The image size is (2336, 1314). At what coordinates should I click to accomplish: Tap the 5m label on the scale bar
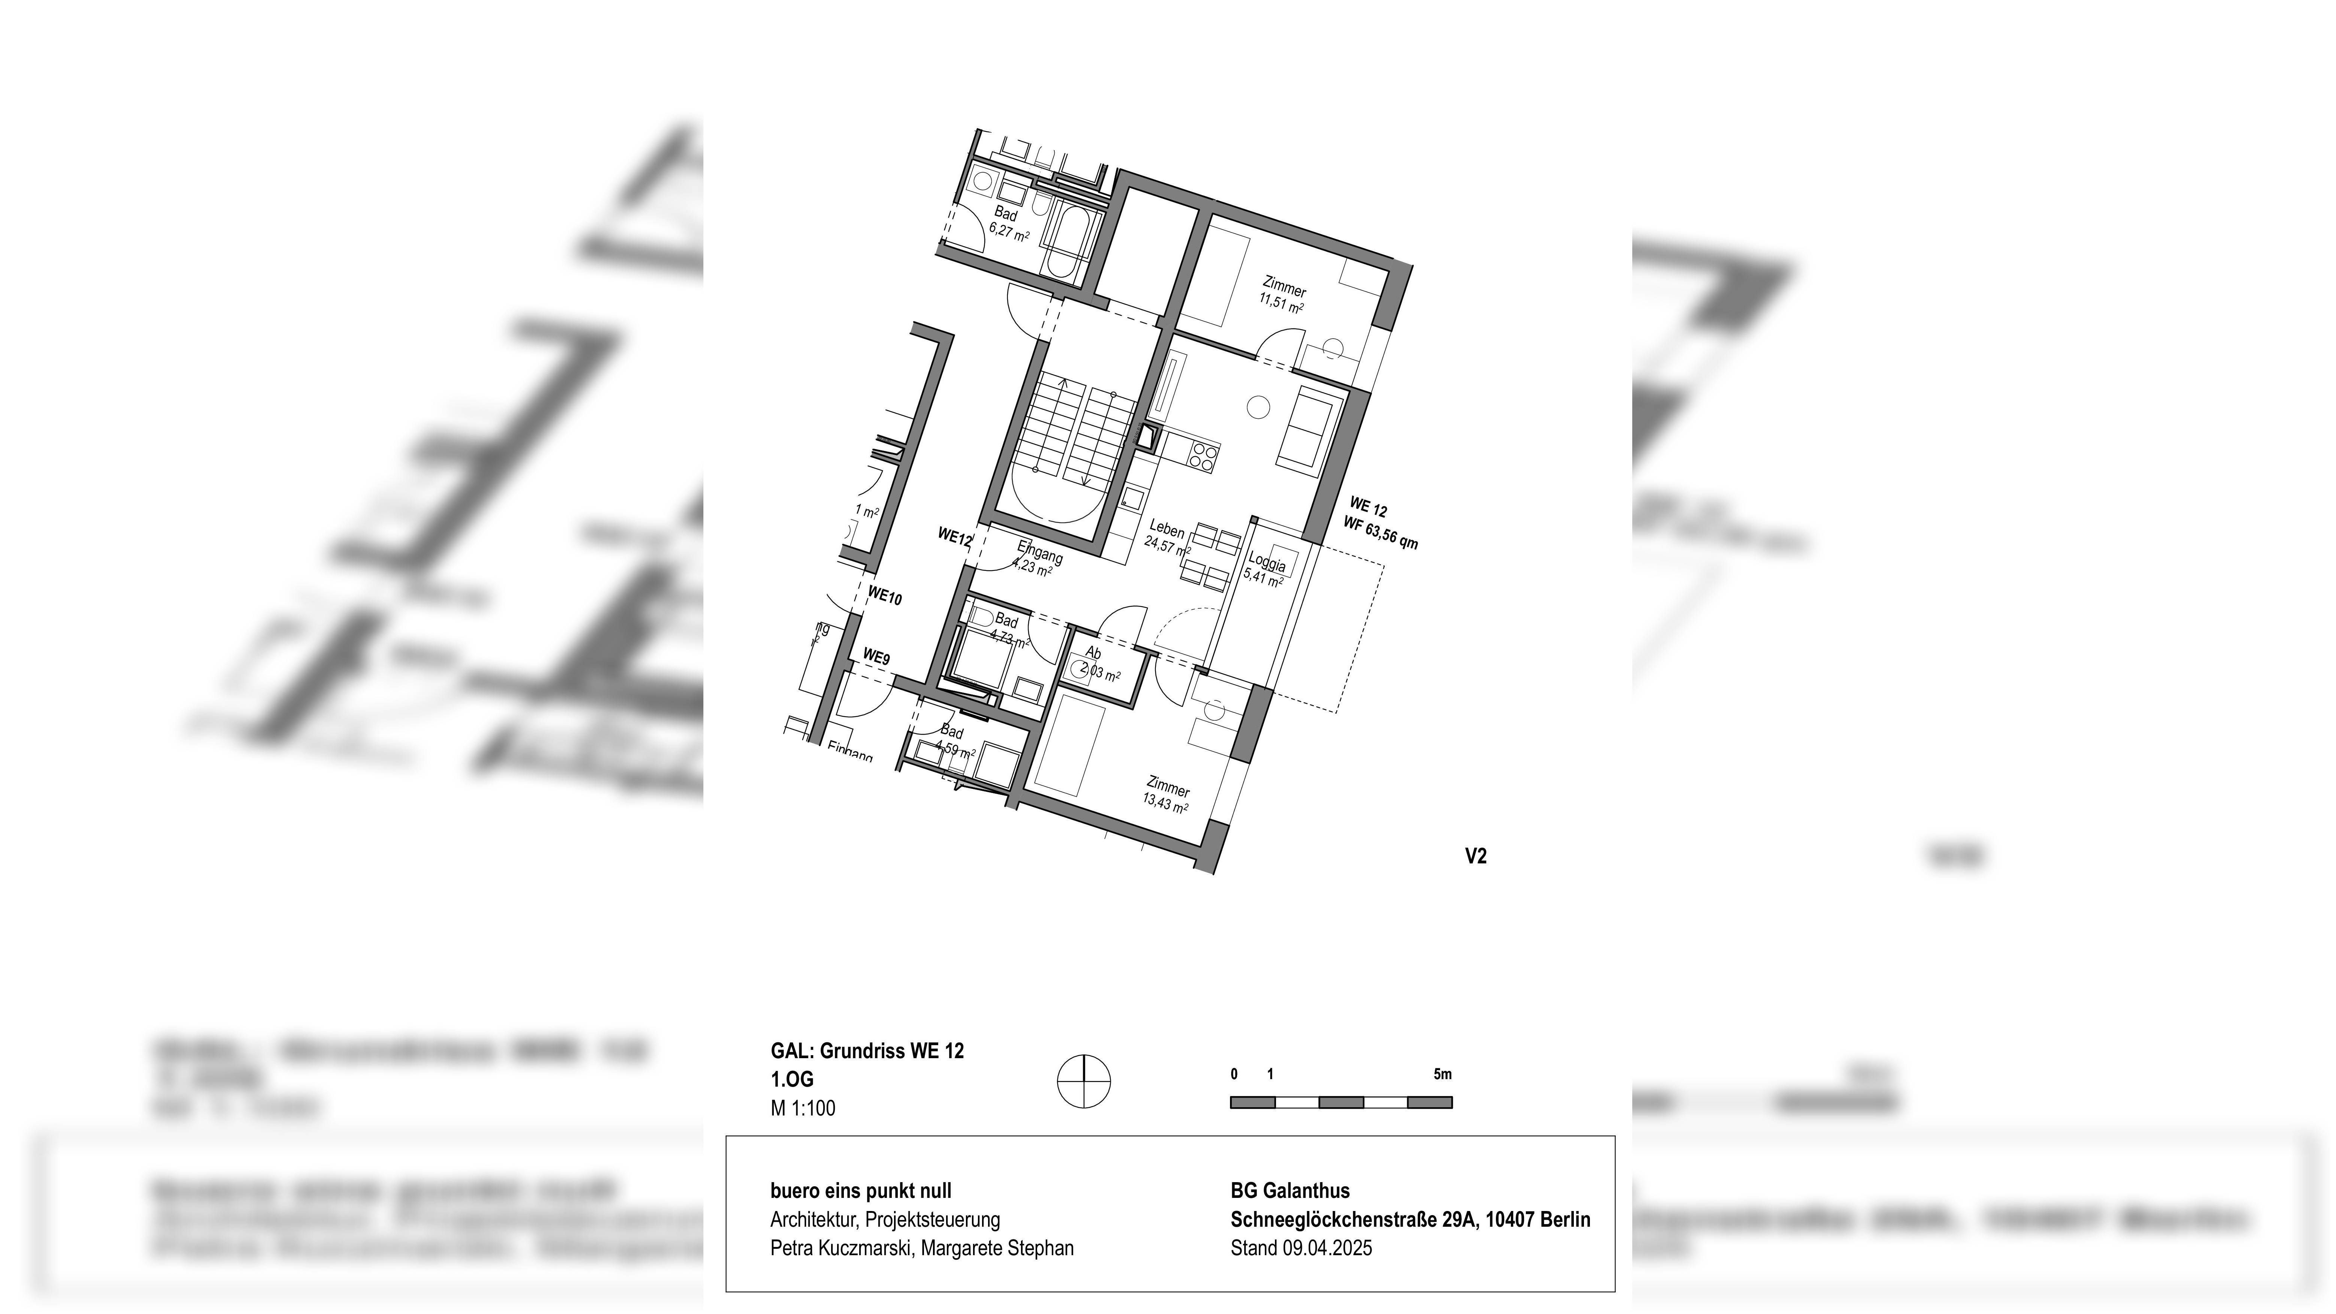[x=1442, y=1075]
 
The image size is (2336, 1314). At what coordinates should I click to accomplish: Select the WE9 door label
[x=876, y=657]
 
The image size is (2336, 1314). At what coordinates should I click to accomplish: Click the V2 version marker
[x=1475, y=856]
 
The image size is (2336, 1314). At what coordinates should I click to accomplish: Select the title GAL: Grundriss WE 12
[x=867, y=1051]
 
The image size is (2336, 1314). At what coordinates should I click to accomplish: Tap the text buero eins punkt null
[x=861, y=1191]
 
